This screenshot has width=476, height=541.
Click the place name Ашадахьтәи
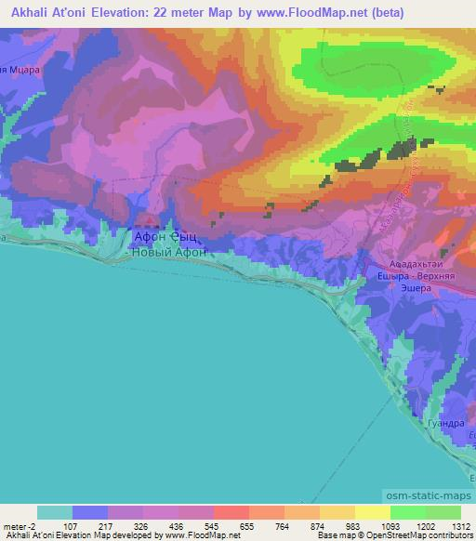coord(416,263)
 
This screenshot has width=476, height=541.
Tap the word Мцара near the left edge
coord(20,70)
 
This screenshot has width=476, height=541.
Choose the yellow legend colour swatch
coord(372,512)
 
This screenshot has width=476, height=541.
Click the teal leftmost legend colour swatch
coord(54,512)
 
